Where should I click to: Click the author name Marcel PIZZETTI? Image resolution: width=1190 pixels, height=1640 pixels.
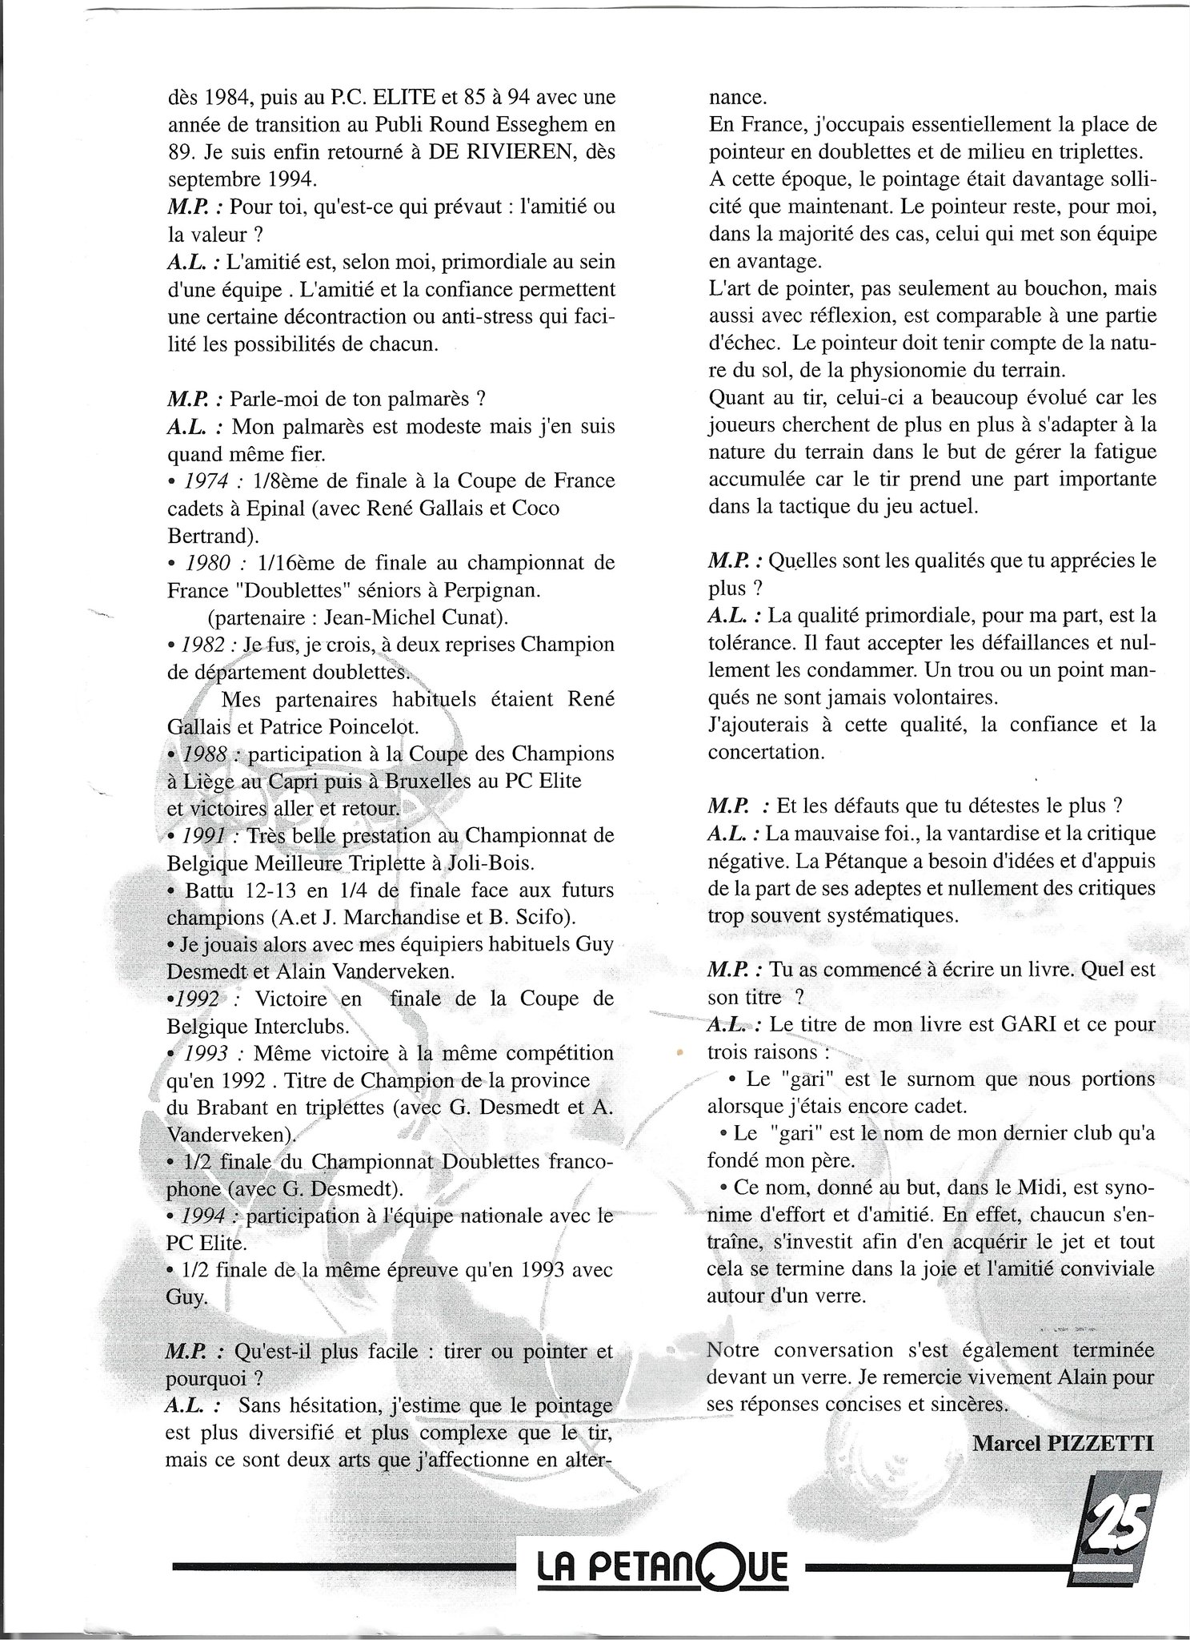coord(1064,1442)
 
